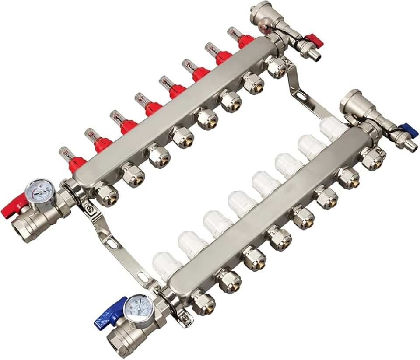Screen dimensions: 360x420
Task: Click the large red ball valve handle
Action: coord(13,206)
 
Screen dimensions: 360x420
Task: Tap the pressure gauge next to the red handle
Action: coord(39,192)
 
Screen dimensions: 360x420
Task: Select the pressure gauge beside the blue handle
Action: coord(138,308)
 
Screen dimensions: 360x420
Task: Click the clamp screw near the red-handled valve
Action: coord(90,209)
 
